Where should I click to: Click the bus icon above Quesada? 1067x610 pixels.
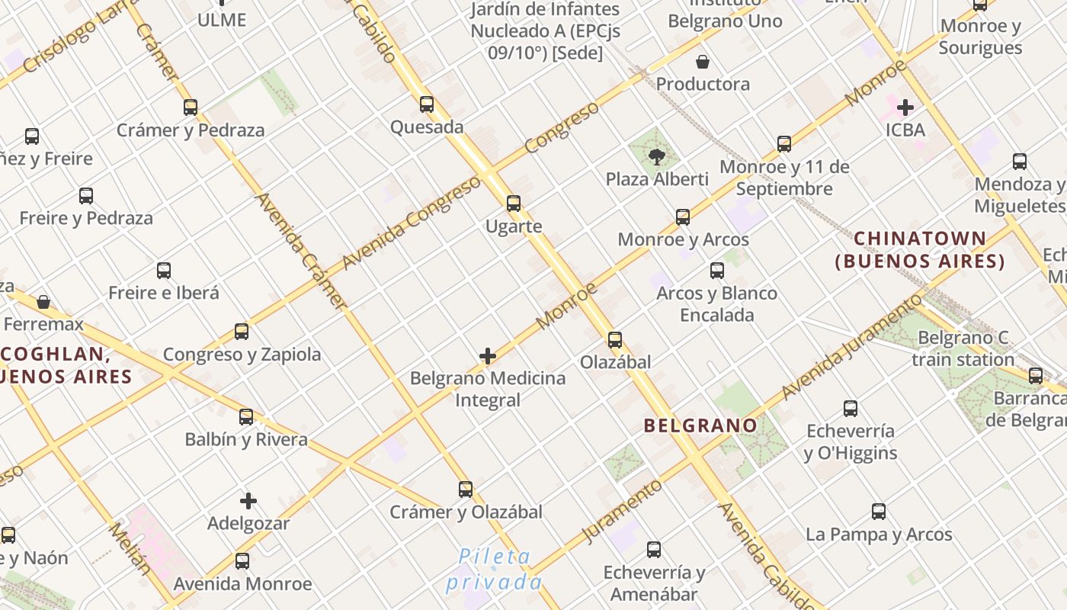[427, 104]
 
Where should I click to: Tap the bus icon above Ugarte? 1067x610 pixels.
[514, 204]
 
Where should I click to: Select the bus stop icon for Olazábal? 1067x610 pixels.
[615, 340]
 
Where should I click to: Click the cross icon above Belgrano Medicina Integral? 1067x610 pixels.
[488, 356]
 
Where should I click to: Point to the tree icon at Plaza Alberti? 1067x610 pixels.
[656, 158]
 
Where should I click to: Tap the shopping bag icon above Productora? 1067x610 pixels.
[703, 62]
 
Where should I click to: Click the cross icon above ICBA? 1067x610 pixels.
[905, 108]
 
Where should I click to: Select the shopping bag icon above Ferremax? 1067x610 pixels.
[43, 303]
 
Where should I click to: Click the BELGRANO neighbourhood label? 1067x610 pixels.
[700, 425]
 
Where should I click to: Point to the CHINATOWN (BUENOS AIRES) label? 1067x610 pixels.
[920, 250]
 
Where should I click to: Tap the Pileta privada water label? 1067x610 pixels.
[494, 569]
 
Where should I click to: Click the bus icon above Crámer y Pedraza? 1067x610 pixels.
[191, 108]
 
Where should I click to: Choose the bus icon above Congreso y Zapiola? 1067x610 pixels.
[242, 332]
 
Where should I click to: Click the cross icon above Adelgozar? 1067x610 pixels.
[248, 501]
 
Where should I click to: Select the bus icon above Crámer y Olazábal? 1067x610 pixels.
[466, 490]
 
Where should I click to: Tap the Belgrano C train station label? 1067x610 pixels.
[963, 348]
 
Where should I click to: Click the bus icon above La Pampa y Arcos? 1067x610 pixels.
[879, 512]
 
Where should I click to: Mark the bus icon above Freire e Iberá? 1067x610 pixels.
[164, 271]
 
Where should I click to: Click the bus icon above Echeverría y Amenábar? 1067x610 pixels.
[654, 549]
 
